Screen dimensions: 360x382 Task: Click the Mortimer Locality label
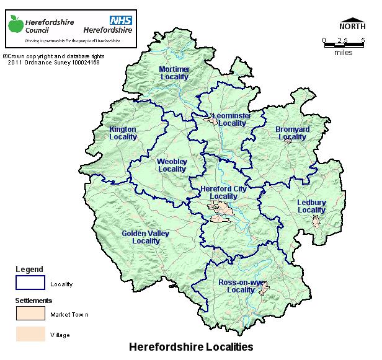click(174, 72)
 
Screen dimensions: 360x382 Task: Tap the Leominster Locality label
click(228, 120)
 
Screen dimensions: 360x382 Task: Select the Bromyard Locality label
click(292, 133)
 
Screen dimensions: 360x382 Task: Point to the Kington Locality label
click(123, 133)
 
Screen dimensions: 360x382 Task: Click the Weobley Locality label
click(172, 165)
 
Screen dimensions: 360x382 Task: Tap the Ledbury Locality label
click(311, 206)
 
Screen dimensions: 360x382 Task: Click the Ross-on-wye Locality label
click(241, 286)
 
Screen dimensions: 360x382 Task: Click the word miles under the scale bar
click(343, 53)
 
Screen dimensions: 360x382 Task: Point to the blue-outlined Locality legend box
click(30, 283)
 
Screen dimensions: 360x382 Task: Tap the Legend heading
click(29, 270)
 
